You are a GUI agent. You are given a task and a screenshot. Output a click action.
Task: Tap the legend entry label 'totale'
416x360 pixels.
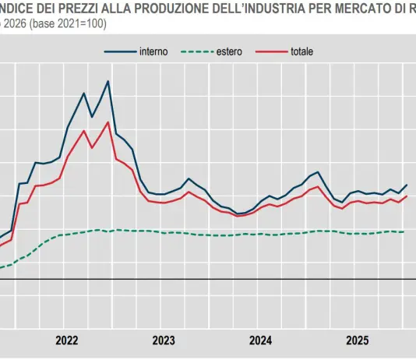coord(302,51)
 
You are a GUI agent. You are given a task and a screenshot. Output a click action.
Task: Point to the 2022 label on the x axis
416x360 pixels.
coord(67,341)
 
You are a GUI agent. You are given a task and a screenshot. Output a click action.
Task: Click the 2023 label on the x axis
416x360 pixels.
coord(164,341)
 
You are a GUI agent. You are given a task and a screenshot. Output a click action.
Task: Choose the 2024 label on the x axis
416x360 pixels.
coord(260,341)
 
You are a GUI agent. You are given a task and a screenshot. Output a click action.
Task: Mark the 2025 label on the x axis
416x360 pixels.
coord(357,341)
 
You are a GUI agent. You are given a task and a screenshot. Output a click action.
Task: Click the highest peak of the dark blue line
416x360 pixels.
coord(108,81)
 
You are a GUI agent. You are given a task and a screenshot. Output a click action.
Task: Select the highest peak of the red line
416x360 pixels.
coord(108,122)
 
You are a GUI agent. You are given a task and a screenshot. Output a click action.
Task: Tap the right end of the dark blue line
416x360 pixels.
coord(407,185)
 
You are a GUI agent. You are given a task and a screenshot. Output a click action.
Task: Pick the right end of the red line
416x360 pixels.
coord(407,196)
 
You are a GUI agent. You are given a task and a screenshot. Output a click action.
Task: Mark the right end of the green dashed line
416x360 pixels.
coord(404,231)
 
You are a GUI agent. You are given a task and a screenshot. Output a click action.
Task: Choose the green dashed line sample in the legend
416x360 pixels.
coord(196,51)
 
